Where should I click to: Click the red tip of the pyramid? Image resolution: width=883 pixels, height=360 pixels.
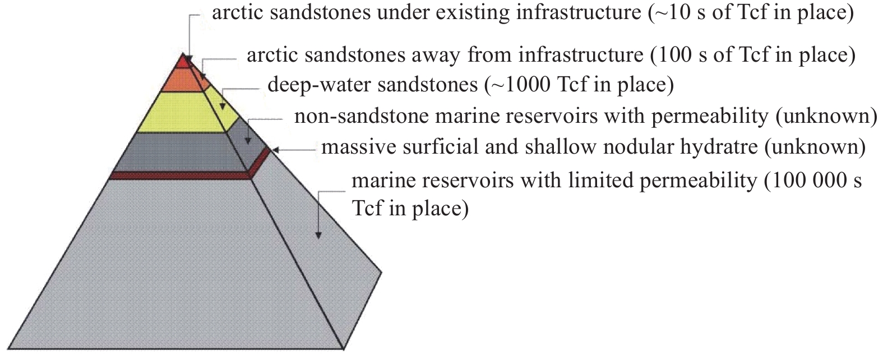[x=182, y=61]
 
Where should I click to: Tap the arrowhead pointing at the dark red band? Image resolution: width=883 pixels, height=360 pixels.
[x=274, y=150]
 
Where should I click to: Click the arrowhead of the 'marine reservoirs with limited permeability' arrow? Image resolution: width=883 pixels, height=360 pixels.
[x=318, y=235]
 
